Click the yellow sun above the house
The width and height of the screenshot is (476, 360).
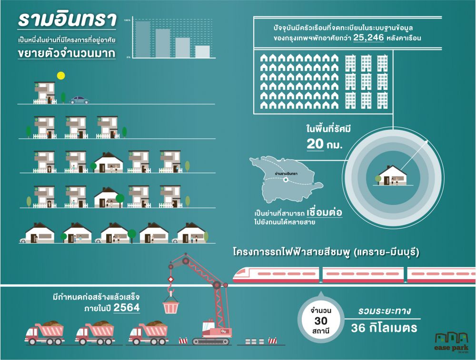pos(60,75)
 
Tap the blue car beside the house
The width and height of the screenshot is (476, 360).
pos(79,100)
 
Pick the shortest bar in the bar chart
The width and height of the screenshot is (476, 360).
pos(202,52)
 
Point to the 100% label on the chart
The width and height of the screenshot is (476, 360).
pos(127,20)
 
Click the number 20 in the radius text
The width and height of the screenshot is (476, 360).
pos(315,143)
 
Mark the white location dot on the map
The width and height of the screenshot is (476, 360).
pos(285,180)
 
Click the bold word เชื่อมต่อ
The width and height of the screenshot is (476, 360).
pos(325,212)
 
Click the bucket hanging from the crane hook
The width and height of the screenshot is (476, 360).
pos(170,305)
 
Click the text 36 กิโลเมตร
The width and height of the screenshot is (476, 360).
pos(384,328)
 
